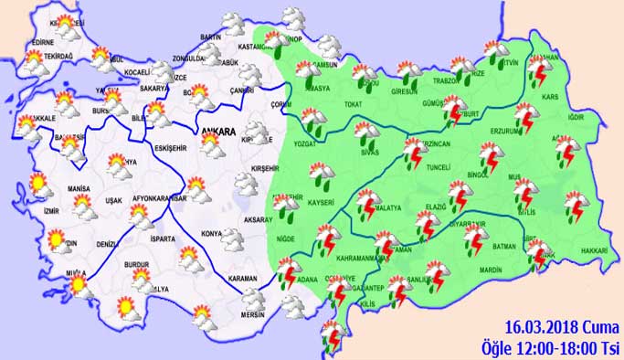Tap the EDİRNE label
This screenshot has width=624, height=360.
tap(43, 41)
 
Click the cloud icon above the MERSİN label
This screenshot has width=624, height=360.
tap(249, 299)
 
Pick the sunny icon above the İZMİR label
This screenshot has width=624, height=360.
tap(37, 184)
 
